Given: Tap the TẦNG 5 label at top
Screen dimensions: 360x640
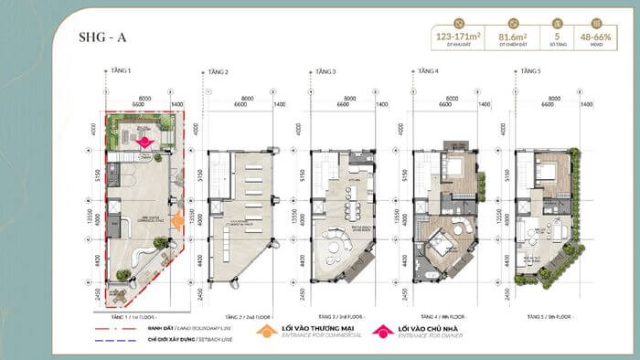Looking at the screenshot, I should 528,70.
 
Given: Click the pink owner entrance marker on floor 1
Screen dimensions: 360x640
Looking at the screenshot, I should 144,141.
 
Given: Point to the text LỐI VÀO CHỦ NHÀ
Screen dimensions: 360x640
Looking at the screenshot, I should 431,326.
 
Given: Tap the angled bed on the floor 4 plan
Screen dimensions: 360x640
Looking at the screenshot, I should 438,243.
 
